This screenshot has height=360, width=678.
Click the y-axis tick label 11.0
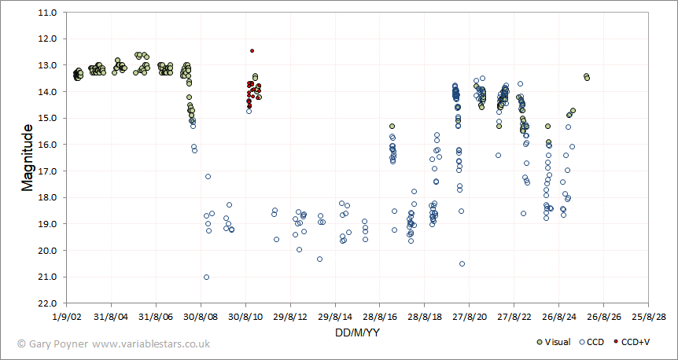pos(46,13)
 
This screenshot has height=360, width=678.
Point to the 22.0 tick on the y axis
pos(46,303)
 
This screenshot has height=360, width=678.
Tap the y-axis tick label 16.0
pos(46,145)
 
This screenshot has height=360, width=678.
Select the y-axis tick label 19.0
pos(46,224)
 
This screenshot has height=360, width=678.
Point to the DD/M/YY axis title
pos(358,332)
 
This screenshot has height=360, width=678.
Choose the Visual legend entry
pos(552,343)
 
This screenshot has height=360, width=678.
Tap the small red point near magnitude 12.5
pos(252,50)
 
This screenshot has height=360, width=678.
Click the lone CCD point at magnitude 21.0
pos(206,277)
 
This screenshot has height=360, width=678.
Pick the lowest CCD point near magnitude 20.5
pos(462,263)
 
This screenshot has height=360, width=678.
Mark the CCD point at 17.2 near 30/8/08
pos(208,176)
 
